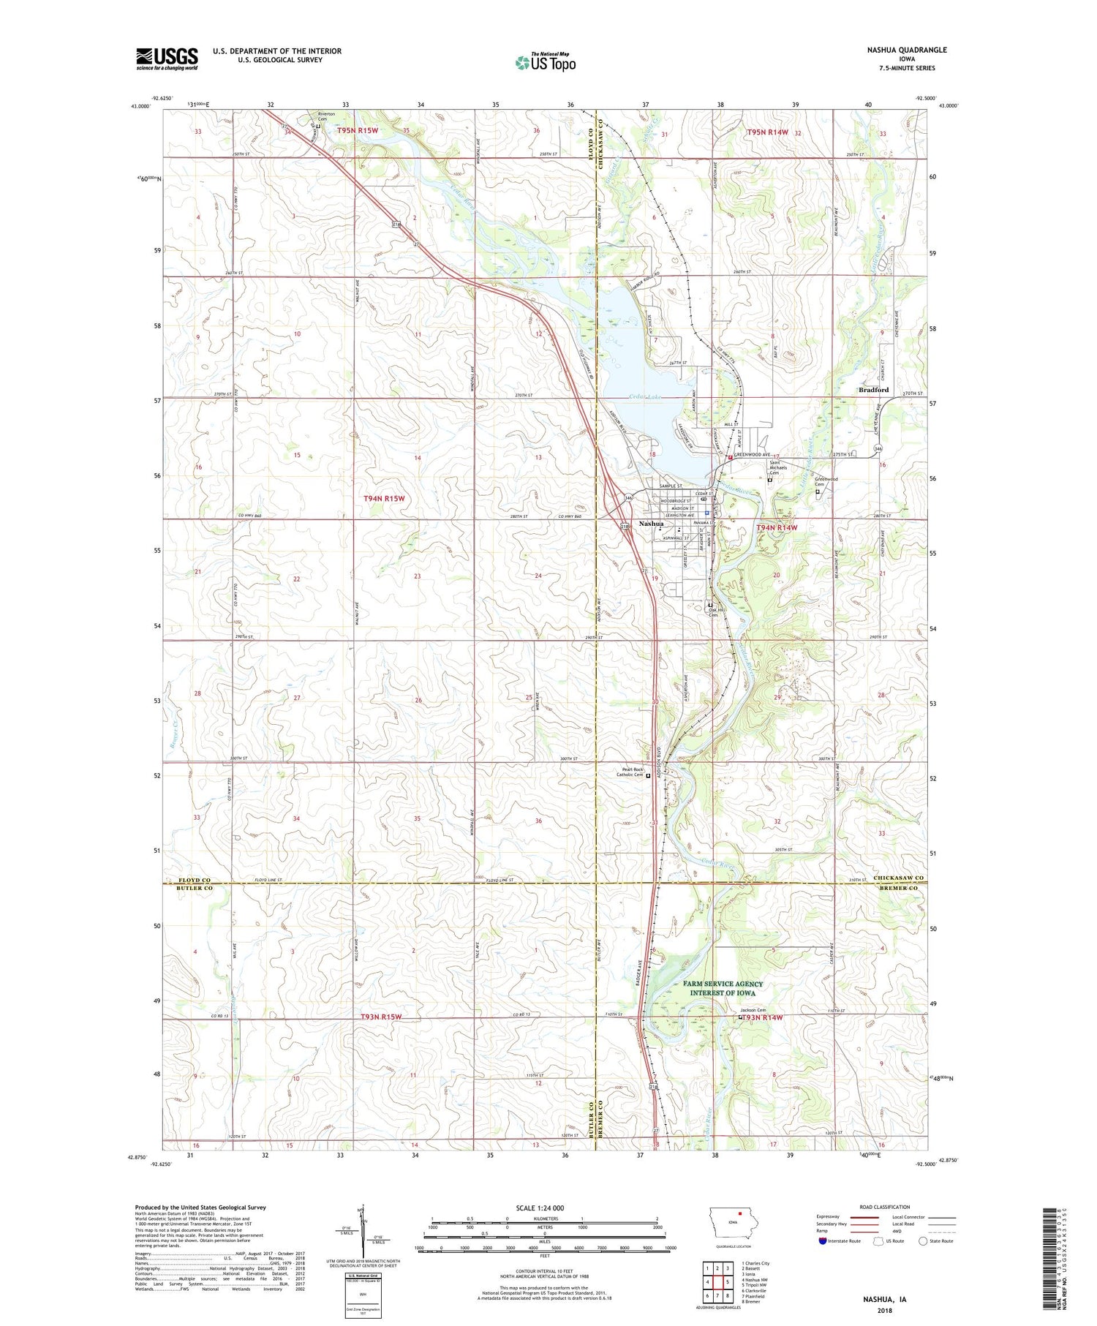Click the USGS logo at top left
point(167,59)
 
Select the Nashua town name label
point(651,524)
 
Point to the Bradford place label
point(873,390)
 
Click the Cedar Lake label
point(645,397)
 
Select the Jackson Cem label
point(753,1010)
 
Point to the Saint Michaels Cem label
point(777,467)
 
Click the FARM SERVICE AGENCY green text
point(723,984)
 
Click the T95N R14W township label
point(767,132)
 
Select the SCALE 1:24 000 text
point(545,1208)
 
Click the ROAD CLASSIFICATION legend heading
point(884,1206)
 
